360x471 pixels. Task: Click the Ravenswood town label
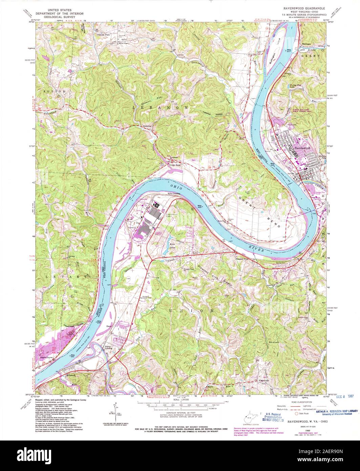pos(301,148)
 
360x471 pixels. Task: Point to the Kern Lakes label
pos(174,244)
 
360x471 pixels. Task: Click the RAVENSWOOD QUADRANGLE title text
pos(303,7)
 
